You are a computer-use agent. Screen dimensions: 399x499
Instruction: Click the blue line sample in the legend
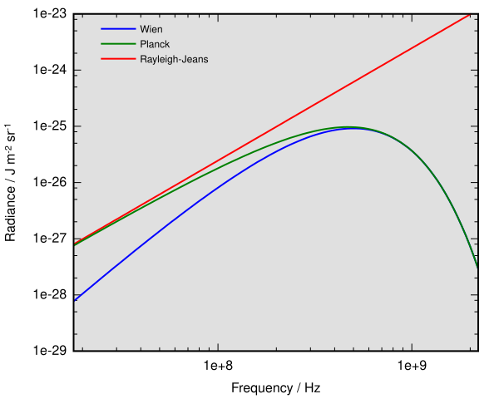point(117,29)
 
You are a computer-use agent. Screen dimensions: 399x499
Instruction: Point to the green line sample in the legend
point(117,44)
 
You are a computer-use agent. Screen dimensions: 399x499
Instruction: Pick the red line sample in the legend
point(117,59)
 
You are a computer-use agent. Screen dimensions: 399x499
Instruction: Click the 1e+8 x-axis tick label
point(217,365)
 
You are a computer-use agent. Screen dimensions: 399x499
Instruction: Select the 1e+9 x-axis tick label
point(412,365)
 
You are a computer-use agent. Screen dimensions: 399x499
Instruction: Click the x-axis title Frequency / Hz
point(275,388)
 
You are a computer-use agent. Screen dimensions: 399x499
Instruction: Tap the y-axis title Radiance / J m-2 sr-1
point(12,183)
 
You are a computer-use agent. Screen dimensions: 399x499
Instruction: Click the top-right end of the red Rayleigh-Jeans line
point(471,14)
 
